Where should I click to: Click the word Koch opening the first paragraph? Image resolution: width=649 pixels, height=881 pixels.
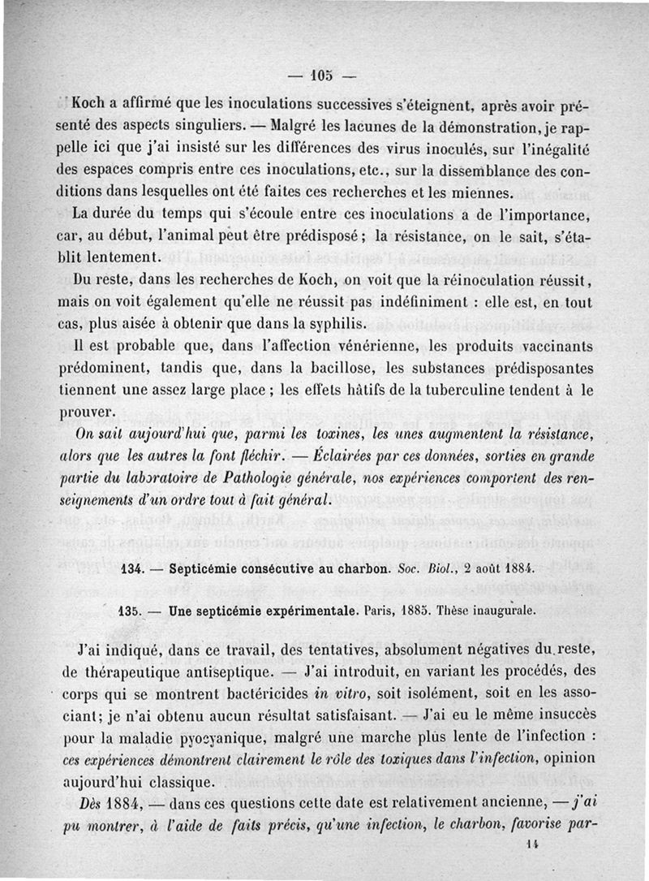[x=90, y=104]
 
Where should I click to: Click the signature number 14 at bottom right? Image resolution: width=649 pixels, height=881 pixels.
[x=532, y=844]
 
